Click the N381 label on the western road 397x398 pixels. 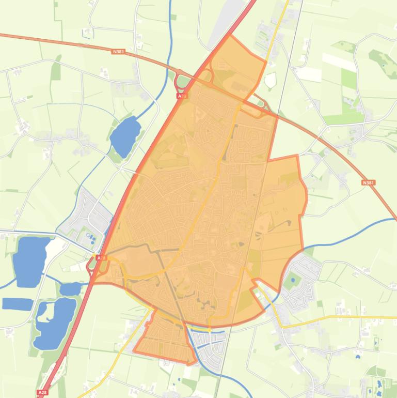point(118,51)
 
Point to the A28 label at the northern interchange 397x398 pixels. point(182,96)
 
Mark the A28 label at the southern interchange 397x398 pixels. point(101,257)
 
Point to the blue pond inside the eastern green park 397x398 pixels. point(293,280)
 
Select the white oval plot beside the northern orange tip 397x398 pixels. point(270,80)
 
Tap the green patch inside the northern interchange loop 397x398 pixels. point(183,82)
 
